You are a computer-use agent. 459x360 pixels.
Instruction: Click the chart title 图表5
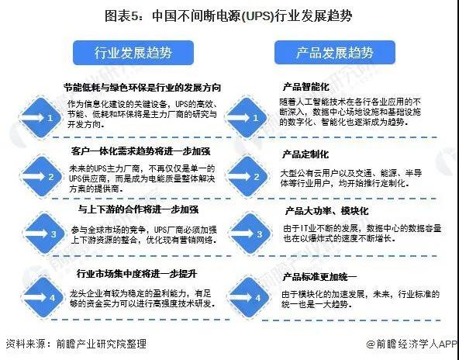228,16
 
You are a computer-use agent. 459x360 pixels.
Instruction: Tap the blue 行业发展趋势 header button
133,53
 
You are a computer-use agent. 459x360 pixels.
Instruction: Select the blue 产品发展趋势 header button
335,53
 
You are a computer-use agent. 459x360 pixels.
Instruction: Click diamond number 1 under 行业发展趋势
40,118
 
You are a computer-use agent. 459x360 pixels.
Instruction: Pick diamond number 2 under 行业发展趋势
41,177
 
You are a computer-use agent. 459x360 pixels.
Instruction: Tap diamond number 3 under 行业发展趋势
44,234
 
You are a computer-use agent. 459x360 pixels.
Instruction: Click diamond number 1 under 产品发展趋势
247,118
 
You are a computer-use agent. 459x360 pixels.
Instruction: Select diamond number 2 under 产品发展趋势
247,177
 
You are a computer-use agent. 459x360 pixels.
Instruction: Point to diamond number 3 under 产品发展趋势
250,234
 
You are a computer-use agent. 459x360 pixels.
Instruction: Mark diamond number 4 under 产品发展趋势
249,298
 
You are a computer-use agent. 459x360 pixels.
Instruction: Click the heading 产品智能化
305,87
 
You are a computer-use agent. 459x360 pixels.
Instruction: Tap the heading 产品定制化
305,154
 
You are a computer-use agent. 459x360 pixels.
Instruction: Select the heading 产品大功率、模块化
326,211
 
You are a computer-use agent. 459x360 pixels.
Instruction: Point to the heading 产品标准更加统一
319,277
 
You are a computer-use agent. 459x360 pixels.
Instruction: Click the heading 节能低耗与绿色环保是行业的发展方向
142,88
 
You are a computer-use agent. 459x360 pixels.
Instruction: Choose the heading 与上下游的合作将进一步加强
138,209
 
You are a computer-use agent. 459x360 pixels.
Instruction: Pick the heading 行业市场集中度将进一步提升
136,274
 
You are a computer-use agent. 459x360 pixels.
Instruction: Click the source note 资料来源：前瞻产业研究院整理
76,344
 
